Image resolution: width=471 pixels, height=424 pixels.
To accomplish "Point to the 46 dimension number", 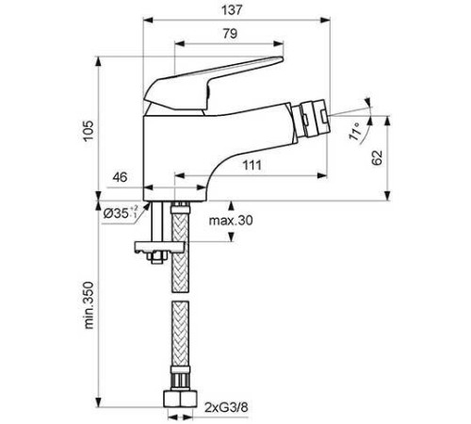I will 121,176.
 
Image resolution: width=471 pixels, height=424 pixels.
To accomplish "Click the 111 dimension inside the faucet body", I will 252,166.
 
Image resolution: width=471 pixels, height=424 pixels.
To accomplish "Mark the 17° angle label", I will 355,131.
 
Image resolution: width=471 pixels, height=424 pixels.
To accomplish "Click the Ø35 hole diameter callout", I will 121,214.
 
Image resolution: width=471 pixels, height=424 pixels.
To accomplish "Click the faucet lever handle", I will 217,79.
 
